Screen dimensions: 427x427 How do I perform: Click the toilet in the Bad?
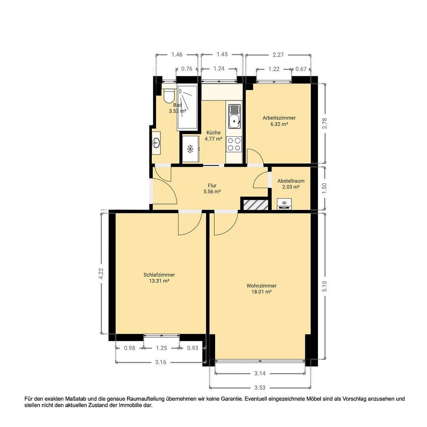point(169,95)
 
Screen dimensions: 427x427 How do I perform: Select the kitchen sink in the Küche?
point(234,115)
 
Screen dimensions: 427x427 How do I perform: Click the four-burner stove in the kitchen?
point(234,144)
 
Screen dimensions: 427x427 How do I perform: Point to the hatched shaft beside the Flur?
point(255,205)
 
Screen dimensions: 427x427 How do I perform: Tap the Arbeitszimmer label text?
point(279,118)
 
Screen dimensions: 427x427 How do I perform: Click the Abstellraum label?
point(291,181)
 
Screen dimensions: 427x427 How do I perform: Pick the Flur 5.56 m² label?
point(212,188)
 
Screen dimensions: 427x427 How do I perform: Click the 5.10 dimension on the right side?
point(325,286)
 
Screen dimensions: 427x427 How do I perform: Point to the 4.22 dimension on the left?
point(101,274)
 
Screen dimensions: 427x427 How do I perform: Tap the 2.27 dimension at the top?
point(278,55)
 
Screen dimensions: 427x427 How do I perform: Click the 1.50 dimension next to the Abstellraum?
point(325,188)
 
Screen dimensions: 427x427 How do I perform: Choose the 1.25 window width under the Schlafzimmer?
point(162,348)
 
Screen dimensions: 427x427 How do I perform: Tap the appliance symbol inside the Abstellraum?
point(284,204)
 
